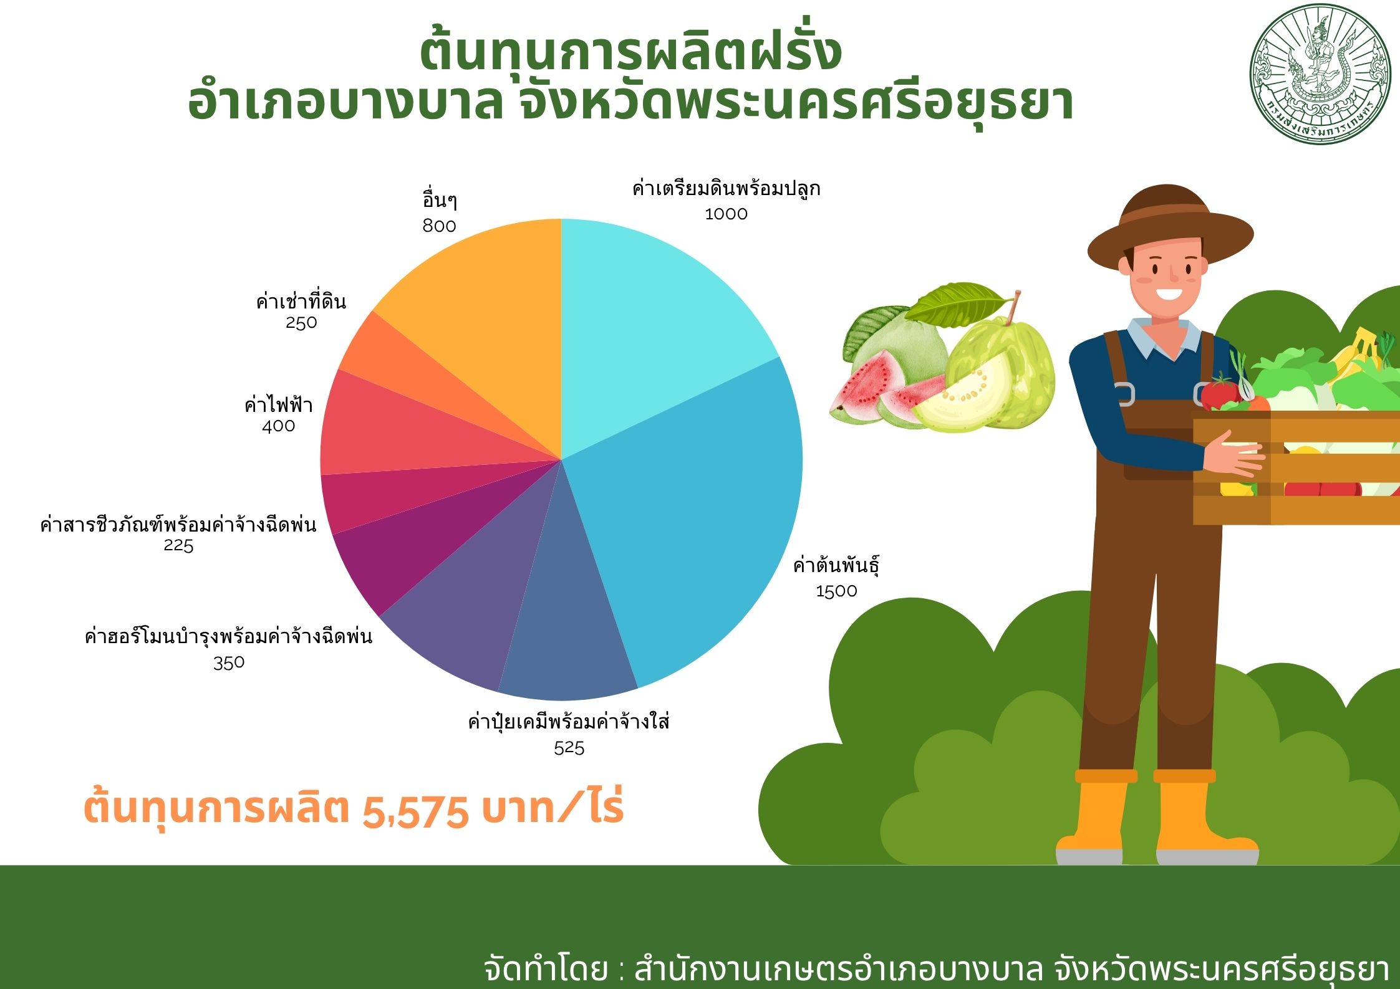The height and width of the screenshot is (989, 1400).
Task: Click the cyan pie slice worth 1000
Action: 649,324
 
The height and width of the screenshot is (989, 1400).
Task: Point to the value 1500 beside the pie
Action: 836,591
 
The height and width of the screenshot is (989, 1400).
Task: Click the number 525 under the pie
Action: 569,747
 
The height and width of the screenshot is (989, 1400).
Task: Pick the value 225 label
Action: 178,545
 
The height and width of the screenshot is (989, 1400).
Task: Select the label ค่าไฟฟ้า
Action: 278,405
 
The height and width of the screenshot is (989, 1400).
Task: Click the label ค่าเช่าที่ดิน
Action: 301,302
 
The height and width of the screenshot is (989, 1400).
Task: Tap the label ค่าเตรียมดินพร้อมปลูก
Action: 726,188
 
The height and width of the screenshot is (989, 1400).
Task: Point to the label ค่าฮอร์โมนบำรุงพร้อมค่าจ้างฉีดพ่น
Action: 228,636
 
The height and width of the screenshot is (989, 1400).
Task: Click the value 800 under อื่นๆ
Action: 439,226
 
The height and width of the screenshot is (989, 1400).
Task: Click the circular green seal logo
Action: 1320,75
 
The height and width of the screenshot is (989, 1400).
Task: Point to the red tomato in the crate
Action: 1220,393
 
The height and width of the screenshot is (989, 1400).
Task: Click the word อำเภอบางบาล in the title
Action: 345,103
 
